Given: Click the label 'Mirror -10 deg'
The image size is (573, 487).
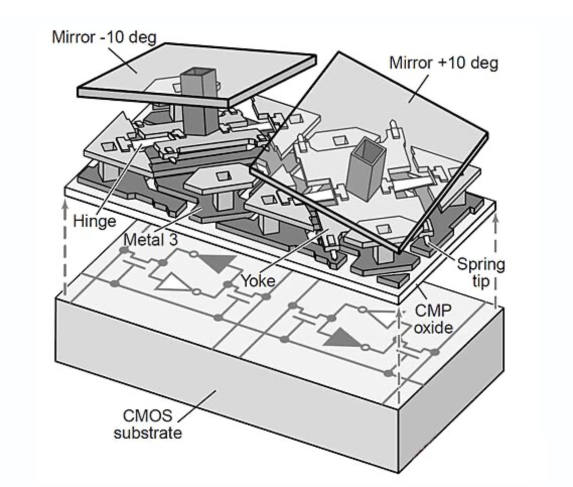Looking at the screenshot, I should pos(104,37).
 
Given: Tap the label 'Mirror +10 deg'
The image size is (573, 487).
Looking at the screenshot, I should pos(444,63).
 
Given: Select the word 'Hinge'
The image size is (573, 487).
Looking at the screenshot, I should pos(94,220).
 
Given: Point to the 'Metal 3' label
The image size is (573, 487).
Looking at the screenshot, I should pos(151,239).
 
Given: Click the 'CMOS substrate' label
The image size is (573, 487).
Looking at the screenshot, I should pos(148,424).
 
